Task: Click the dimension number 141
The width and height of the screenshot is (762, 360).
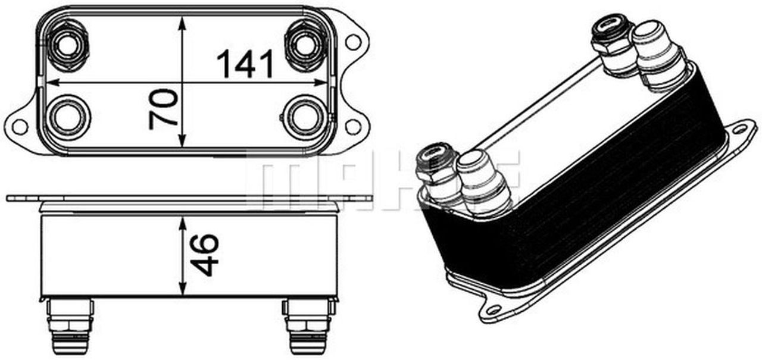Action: click(245, 64)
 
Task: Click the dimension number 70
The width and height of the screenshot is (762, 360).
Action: click(164, 109)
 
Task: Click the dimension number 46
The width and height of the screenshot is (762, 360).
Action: click(206, 255)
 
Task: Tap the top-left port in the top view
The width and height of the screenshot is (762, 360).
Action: click(68, 43)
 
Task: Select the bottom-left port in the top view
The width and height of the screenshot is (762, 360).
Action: click(67, 115)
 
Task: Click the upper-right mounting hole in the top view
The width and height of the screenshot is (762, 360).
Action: click(353, 42)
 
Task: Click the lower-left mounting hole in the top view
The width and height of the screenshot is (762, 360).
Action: click(20, 126)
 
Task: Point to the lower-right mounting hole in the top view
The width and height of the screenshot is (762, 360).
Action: click(353, 126)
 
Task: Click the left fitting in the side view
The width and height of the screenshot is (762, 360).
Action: click(70, 325)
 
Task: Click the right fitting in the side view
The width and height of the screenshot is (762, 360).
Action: click(308, 325)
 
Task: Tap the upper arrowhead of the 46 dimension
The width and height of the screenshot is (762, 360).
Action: click(183, 222)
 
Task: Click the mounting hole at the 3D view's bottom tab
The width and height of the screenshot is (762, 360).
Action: click(493, 309)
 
